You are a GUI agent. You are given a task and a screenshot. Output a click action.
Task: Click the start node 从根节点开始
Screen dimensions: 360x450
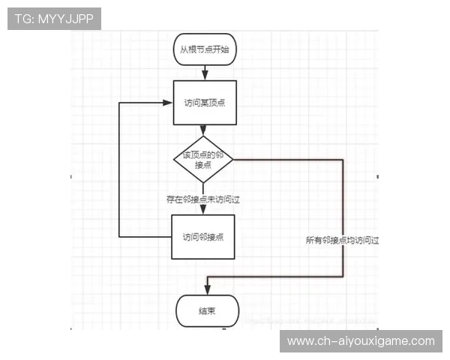coord(204,49)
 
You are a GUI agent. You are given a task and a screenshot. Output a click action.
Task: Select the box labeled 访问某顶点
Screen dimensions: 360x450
coord(204,103)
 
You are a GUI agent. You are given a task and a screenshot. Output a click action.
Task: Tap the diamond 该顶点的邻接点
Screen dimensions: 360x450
coord(203,159)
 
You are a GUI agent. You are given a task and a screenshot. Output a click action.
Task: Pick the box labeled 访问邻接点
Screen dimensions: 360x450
coord(203,237)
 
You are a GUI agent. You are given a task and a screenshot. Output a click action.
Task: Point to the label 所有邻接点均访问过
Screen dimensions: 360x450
coord(343,241)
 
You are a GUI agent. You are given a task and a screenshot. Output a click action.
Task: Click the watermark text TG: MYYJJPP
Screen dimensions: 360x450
coord(53,19)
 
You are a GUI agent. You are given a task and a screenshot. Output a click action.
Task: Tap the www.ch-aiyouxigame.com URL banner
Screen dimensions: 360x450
coord(361,341)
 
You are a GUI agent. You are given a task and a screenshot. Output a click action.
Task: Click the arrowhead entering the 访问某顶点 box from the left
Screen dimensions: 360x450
coord(168,103)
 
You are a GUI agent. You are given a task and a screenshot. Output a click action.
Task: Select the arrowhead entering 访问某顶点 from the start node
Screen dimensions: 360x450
coord(204,77)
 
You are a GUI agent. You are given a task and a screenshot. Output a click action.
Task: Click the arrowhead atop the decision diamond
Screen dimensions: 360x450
coord(203,133)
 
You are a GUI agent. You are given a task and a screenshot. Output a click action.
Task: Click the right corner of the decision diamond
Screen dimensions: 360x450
coord(232,159)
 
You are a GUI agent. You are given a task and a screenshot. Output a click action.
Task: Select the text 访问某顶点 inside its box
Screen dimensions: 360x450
coord(204,103)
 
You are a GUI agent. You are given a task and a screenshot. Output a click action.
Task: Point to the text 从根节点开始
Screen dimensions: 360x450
coord(204,49)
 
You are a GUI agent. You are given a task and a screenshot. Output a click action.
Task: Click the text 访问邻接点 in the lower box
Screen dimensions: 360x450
coord(203,237)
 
